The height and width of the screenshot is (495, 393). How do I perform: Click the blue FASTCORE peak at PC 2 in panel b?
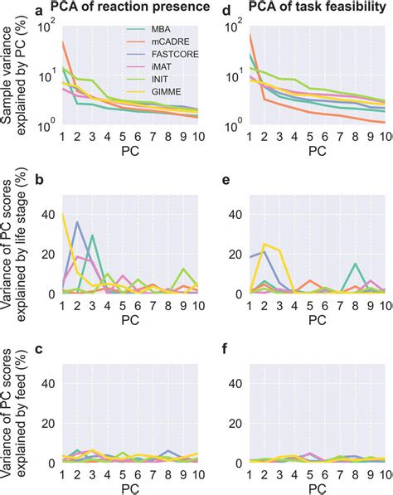tap(77, 222)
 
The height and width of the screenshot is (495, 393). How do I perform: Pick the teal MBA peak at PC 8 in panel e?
tap(355, 264)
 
